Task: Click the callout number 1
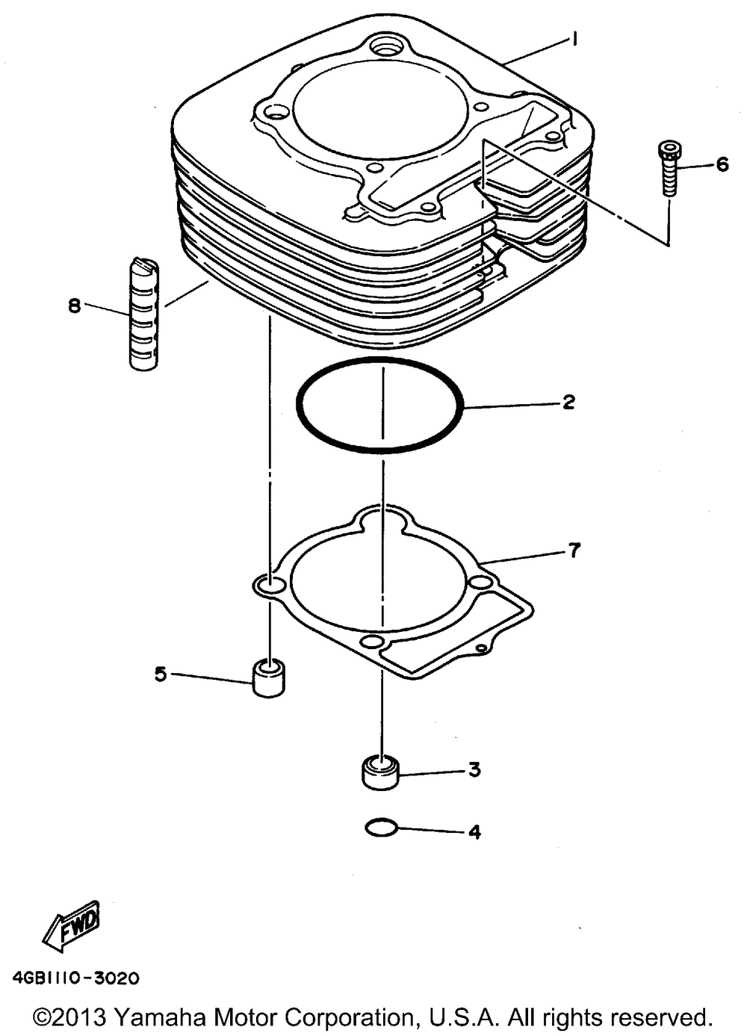pos(574,40)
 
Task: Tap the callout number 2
pos(568,403)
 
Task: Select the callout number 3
pos(474,769)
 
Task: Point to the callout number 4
pos(474,831)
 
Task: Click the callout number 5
pos(161,674)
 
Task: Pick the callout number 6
pos(722,164)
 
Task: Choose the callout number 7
pos(573,550)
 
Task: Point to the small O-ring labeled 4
pos(381,828)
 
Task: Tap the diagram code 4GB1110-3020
pos(76,977)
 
